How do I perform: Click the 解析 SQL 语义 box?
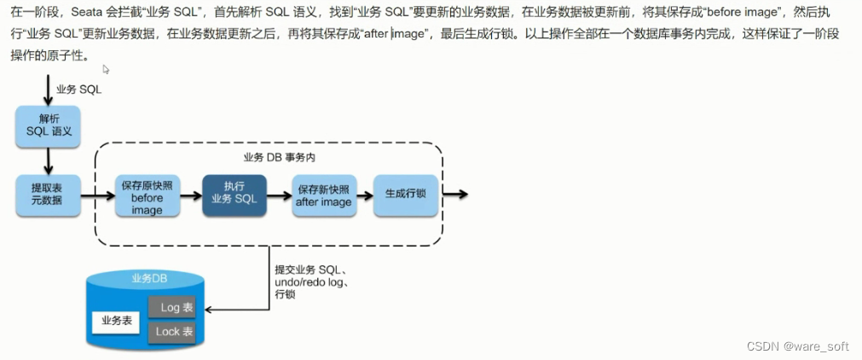(x=48, y=126)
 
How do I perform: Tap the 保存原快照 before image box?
(x=147, y=197)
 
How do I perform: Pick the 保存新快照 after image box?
(x=323, y=195)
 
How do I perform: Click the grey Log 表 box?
(x=176, y=307)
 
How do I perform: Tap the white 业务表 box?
(x=116, y=321)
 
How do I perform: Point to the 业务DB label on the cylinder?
(x=148, y=278)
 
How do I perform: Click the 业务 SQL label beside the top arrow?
(x=78, y=89)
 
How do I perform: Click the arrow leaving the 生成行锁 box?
(x=454, y=195)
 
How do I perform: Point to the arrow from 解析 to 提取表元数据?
(x=48, y=160)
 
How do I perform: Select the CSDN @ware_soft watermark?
(x=797, y=345)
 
